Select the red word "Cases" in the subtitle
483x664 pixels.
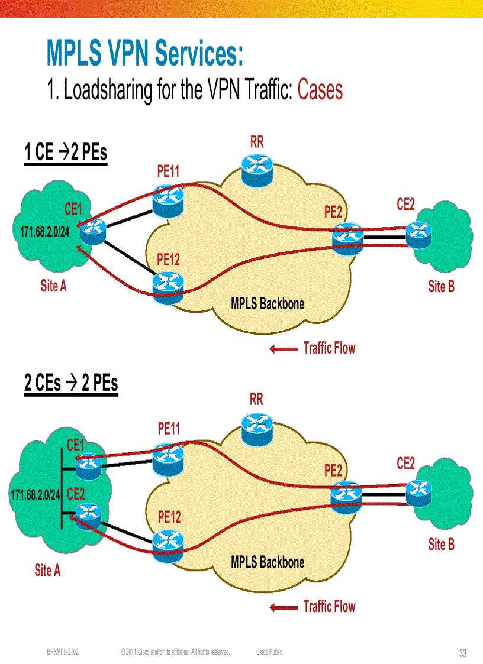320,90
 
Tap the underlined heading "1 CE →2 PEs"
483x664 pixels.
66,153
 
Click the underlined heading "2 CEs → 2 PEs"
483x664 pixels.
71,383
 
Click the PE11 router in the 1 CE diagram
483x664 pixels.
168,200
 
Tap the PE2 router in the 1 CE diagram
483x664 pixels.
347,238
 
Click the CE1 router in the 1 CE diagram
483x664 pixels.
92,231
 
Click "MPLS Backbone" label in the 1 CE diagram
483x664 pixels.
268,304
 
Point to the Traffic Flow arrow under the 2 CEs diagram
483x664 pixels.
284,607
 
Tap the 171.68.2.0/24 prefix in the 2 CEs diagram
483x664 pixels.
36,494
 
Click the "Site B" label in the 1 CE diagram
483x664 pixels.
441,287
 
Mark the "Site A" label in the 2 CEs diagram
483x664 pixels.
47,570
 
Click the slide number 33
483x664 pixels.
462,653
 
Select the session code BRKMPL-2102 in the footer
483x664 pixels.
63,652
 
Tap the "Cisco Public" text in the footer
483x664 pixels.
269,652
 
